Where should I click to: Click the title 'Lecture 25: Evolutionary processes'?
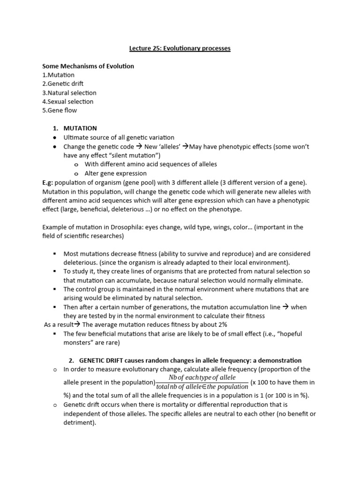tap(180, 48)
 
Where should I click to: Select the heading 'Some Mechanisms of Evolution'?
tap(88, 66)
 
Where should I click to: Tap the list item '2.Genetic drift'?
tap(63, 84)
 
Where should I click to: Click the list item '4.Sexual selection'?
tap(68, 102)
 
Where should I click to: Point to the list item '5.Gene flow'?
tap(60, 111)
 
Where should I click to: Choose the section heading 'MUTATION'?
tap(80, 128)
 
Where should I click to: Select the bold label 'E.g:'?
tap(49, 182)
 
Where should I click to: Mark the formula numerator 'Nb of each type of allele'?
tap(202, 378)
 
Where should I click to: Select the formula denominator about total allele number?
tap(202, 387)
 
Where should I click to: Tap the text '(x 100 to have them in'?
tap(283, 382)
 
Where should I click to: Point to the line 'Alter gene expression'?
tap(115, 173)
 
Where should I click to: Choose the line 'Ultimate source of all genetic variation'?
tap(119, 137)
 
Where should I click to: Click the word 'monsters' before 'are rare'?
tap(79, 343)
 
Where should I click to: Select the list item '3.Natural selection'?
tap(69, 93)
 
